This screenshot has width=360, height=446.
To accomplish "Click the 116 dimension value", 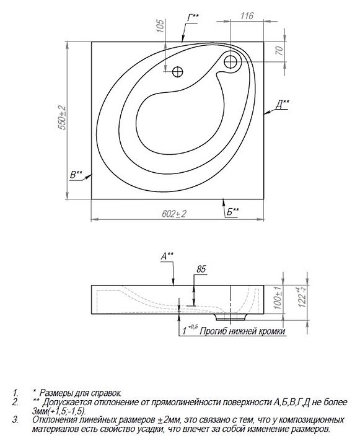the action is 247,15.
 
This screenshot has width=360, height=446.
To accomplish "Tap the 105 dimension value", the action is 160,26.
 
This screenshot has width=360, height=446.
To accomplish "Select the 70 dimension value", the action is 279,51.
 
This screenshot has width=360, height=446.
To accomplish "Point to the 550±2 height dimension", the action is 62,118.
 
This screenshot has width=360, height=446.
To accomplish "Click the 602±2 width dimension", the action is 174,214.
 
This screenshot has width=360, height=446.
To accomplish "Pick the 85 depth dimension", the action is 201,269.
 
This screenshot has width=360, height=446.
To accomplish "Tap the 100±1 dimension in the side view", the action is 278,298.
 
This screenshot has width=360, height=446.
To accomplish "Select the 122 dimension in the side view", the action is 302,297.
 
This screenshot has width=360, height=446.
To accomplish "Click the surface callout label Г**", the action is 193,17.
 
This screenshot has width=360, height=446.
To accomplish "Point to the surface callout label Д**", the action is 283,105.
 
